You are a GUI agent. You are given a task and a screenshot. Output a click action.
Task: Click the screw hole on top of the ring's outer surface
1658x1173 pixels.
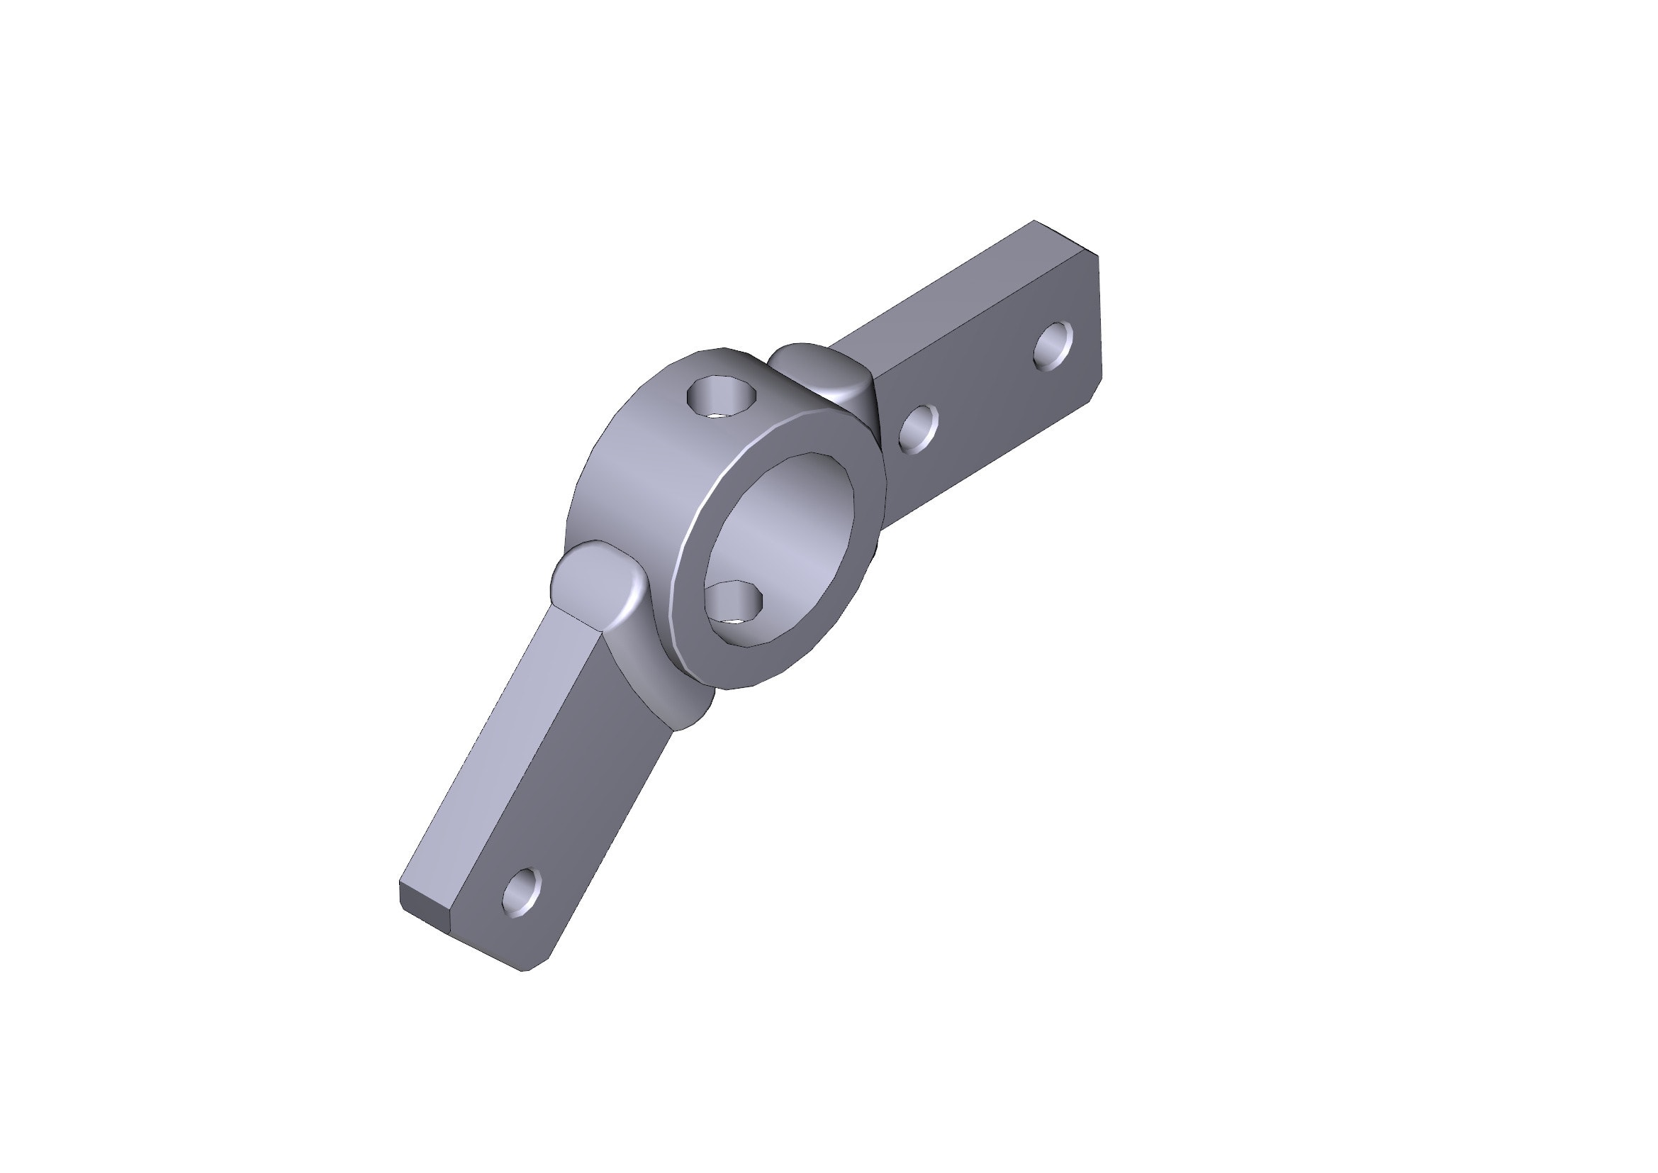coord(721,396)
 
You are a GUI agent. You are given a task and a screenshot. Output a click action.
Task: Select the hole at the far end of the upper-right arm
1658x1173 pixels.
coord(1052,346)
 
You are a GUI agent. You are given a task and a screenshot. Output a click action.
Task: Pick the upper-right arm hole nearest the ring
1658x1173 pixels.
coord(918,429)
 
